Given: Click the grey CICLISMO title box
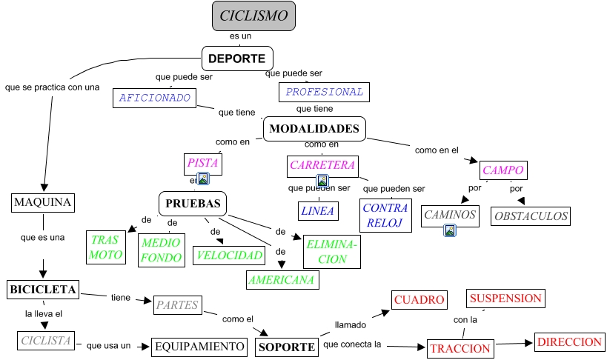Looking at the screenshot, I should click(253, 16).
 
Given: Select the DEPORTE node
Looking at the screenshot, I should click(238, 59).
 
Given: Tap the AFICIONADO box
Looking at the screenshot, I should click(155, 97).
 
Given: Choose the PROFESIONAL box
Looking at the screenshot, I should click(324, 92).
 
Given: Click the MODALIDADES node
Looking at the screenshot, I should click(315, 129).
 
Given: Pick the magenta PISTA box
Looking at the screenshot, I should click(203, 163).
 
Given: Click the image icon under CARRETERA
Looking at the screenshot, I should click(322, 181).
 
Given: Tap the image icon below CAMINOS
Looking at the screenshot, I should click(449, 230).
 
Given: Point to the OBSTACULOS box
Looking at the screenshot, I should click(531, 216).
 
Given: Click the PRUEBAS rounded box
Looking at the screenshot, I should click(193, 203).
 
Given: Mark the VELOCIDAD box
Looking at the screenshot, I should click(229, 256).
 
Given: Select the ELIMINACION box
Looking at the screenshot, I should click(331, 251).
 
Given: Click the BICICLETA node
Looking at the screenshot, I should click(43, 290).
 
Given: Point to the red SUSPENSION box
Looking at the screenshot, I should click(505, 299).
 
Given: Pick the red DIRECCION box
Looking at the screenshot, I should click(568, 342).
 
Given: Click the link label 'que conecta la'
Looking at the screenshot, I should click(352, 344).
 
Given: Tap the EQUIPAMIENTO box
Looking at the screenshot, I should click(200, 346).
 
